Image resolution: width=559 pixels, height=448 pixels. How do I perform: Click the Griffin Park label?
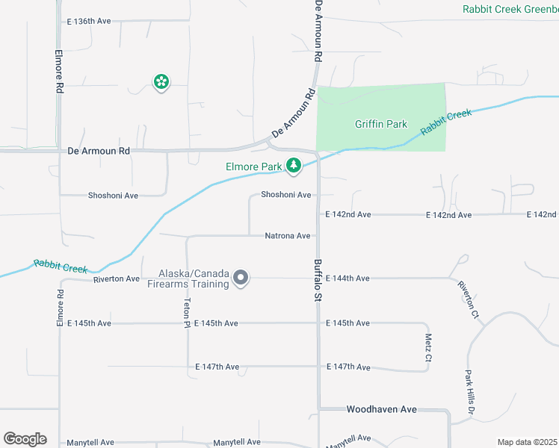click(x=381, y=124)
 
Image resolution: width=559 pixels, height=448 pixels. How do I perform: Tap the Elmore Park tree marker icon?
click(x=294, y=165)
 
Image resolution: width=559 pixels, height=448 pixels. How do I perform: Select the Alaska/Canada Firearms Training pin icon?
click(x=241, y=279)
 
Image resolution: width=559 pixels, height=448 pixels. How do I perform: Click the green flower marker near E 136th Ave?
click(x=161, y=82)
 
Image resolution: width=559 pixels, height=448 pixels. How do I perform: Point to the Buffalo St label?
click(x=318, y=280)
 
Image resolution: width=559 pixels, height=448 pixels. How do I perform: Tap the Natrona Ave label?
click(x=288, y=236)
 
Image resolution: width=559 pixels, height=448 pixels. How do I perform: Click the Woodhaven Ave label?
click(x=381, y=410)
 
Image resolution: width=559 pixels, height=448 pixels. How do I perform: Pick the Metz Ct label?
click(x=428, y=347)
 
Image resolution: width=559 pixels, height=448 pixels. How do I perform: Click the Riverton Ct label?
click(x=469, y=299)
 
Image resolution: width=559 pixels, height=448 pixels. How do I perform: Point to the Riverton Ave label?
click(x=117, y=279)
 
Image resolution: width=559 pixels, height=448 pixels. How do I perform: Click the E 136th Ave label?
click(x=88, y=21)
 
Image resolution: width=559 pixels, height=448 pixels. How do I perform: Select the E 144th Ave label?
click(x=348, y=279)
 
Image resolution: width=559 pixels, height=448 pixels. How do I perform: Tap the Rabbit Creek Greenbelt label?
click(x=510, y=9)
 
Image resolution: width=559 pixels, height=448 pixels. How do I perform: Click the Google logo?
click(x=25, y=439)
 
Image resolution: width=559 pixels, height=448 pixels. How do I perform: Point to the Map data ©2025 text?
click(x=528, y=442)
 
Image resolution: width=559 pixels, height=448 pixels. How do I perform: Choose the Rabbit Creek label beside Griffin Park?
click(x=446, y=122)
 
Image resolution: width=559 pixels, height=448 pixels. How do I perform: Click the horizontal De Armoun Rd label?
click(x=99, y=151)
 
